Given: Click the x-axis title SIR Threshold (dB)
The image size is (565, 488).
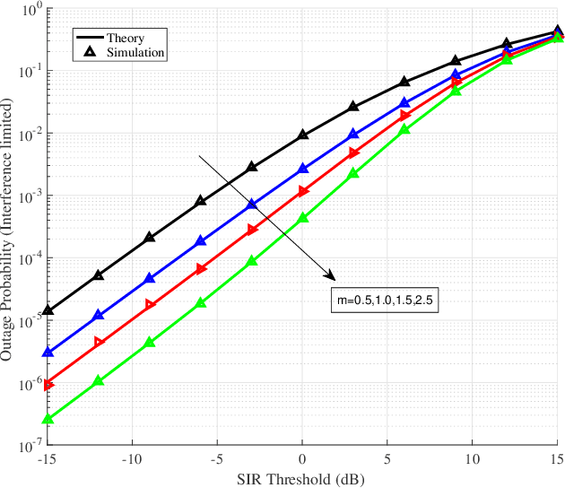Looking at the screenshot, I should pyautogui.click(x=302, y=479).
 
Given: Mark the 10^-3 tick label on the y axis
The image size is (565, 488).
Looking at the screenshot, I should pyautogui.click(x=30, y=196).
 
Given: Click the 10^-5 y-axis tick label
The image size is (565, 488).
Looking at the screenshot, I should pyautogui.click(x=30, y=320).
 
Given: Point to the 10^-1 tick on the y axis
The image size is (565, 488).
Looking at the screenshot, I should pyautogui.click(x=30, y=72).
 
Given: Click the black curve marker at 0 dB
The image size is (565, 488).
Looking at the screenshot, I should pyautogui.click(x=303, y=135).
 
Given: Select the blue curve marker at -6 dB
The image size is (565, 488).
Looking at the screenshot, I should pyautogui.click(x=201, y=241).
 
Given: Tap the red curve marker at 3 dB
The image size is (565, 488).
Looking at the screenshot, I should pyautogui.click(x=354, y=153).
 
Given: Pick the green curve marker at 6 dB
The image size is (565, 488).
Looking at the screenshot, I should pyautogui.click(x=404, y=129).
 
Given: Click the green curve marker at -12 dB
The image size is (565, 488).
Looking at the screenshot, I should pyautogui.click(x=99, y=381).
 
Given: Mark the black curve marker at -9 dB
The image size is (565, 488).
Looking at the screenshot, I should pyautogui.click(x=150, y=238).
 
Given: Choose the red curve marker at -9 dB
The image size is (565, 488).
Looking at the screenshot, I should pyautogui.click(x=150, y=305).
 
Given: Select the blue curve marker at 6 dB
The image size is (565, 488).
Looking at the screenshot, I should pyautogui.click(x=404, y=103).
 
